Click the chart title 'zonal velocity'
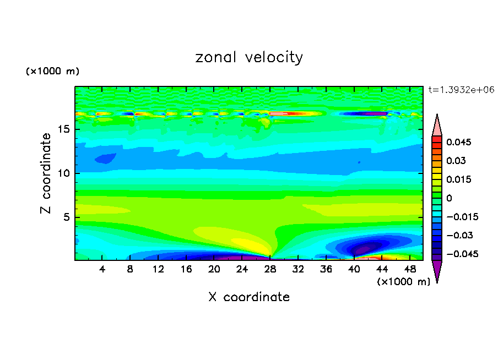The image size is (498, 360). (249, 57)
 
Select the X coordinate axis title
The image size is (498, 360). (249, 297)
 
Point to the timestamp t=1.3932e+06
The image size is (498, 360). (461, 89)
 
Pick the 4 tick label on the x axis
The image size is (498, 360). (102, 269)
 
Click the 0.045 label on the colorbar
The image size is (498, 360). (459, 142)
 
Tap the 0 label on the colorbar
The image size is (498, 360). (449, 198)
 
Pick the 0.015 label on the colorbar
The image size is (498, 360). (459, 179)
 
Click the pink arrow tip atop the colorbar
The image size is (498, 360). (437, 124)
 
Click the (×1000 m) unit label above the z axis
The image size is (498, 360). (52, 72)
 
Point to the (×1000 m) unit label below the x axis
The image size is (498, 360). (404, 282)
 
